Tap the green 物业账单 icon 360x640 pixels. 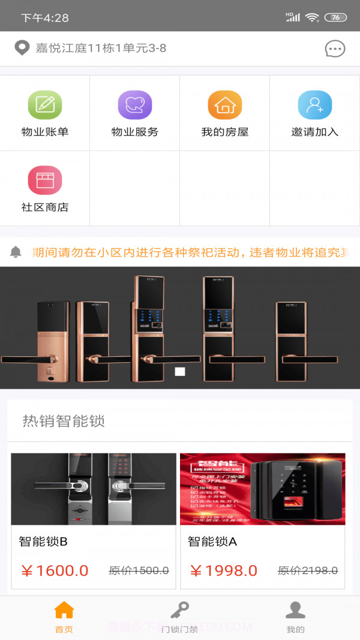coord(45,105)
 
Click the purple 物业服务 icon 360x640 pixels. coord(135,105)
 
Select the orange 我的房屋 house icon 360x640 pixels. coord(225,105)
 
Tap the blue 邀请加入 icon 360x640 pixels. coord(315,105)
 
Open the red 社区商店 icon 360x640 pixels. coord(45,180)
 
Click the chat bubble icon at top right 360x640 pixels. coord(335,49)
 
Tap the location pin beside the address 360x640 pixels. coord(22,48)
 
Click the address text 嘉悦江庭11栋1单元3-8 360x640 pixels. coord(101,49)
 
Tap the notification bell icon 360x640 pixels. coord(16,252)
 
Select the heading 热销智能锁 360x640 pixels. coord(64,421)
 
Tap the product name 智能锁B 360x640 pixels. coord(43,542)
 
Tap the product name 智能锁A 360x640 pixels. coord(212,542)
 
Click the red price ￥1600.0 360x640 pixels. coord(55,570)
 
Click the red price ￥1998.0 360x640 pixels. coord(224,570)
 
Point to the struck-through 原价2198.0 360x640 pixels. coord(308,570)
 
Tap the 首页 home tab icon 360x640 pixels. coord(64,611)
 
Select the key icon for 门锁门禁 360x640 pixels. coord(179,611)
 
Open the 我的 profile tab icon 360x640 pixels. coord(295,611)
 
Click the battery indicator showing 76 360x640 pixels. coord(335,17)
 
